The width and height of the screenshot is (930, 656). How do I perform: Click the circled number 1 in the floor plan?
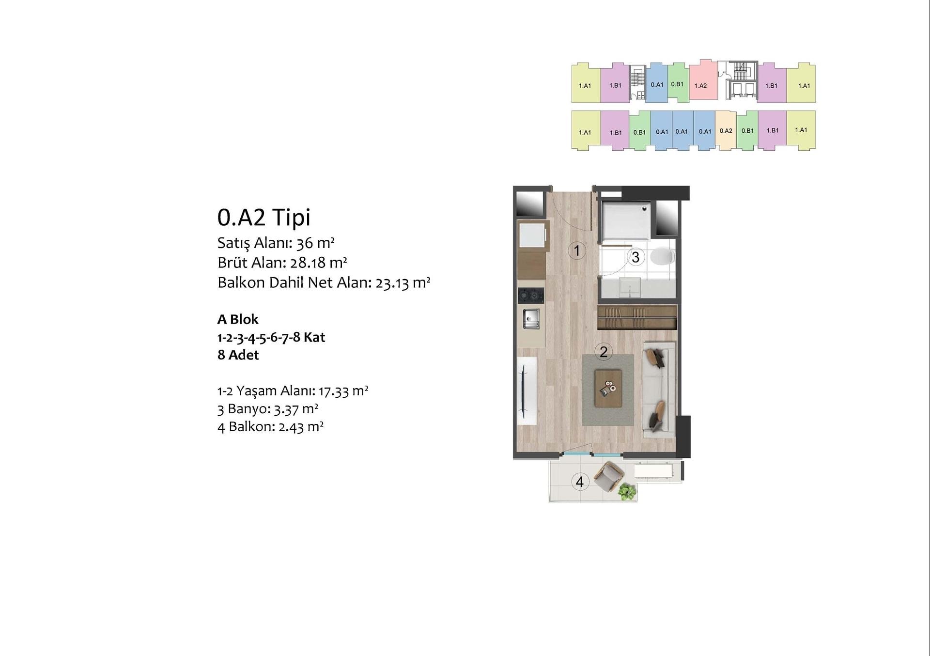click(577, 250)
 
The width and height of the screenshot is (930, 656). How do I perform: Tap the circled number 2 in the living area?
click(604, 352)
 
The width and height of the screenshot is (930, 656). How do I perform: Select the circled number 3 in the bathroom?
click(635, 257)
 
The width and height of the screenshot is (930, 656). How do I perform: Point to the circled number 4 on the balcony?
click(580, 482)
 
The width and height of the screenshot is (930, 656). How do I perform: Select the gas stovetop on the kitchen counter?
click(531, 296)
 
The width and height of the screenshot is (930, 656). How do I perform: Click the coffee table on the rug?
click(608, 388)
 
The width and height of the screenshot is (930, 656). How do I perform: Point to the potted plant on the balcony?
click(627, 492)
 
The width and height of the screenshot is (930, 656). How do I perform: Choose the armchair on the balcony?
click(609, 476)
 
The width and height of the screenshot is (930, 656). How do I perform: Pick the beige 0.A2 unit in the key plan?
click(726, 131)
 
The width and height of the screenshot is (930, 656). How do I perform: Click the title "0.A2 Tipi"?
click(264, 217)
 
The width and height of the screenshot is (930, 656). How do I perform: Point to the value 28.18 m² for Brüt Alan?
click(318, 263)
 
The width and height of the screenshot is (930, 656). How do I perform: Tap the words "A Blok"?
click(238, 319)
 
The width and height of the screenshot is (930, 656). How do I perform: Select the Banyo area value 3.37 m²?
click(296, 409)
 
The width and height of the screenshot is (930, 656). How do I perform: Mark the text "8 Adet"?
click(238, 355)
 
